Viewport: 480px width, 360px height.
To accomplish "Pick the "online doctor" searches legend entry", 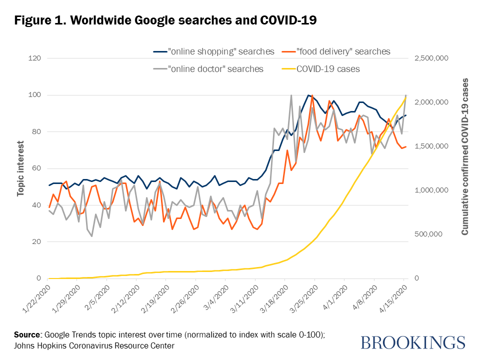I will pos(215,69).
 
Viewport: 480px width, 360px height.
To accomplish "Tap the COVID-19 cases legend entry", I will pos(328,69).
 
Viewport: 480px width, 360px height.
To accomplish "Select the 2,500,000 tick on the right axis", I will pos(433,58).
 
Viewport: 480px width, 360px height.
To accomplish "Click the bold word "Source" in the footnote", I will pos(28,334).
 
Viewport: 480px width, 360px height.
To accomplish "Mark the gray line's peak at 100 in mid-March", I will pos(291,95).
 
